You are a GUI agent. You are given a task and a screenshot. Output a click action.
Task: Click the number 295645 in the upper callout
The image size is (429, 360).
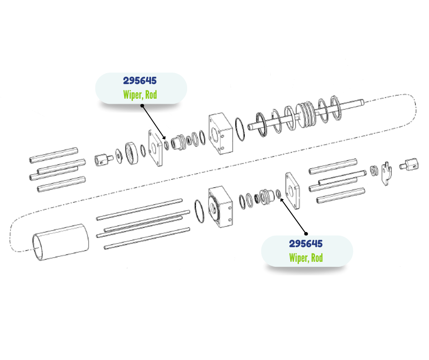pos(140,80)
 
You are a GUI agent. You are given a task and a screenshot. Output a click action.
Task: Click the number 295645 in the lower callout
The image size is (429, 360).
pos(306,244)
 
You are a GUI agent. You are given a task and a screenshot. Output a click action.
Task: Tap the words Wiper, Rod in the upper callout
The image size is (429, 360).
pos(140,95)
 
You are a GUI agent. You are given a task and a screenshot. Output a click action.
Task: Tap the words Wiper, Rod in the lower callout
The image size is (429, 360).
pos(306,258)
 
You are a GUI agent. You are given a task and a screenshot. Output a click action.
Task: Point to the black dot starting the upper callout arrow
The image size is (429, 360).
pos(142,106)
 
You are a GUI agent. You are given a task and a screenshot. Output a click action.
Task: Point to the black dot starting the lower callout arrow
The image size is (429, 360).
pos(306,234)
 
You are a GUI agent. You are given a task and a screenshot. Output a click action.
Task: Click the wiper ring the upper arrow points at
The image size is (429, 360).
pos(166,145)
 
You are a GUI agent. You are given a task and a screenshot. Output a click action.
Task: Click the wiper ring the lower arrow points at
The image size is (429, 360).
pos(278,194)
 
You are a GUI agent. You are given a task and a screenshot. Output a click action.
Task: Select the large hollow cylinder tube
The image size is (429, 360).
pos(60,242)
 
